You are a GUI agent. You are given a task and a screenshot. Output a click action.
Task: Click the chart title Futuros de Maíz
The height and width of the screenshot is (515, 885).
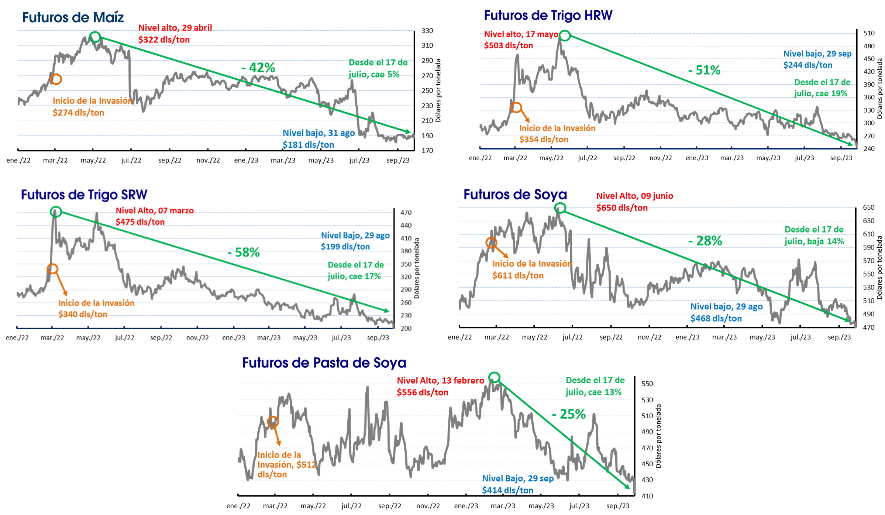point(73,17)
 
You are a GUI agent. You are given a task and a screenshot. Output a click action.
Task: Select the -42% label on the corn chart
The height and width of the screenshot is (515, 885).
point(258,68)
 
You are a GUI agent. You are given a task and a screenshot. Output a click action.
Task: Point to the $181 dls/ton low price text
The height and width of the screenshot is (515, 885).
point(308,145)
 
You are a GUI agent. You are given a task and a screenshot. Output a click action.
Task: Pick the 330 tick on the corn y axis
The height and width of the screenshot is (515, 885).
point(427,31)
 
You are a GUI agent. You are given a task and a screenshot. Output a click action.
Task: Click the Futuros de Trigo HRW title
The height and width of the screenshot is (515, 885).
point(548,16)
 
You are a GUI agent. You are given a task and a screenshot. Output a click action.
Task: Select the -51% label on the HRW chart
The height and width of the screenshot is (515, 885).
point(704,70)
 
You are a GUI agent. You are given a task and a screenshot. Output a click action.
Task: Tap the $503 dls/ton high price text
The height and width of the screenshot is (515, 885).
point(509,45)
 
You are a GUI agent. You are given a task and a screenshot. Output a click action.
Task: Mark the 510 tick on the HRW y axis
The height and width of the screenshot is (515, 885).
point(869,33)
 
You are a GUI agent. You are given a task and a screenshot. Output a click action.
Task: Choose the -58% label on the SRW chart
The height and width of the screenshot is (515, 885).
point(244,253)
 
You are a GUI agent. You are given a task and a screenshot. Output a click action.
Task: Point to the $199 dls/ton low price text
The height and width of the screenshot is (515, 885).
point(345,247)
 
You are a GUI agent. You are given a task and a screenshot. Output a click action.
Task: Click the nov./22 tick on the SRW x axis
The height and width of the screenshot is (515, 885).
point(197,337)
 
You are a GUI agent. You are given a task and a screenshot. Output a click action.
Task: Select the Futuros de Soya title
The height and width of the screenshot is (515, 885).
point(515,195)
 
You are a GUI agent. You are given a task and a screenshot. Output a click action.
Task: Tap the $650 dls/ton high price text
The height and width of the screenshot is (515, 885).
point(622,208)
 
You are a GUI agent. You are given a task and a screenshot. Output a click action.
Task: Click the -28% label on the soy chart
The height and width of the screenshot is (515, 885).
point(705,241)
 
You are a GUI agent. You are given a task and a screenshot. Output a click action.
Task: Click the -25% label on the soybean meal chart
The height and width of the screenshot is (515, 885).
point(569,414)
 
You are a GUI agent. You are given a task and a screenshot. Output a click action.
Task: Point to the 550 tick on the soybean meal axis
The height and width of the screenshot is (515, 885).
point(647,384)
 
